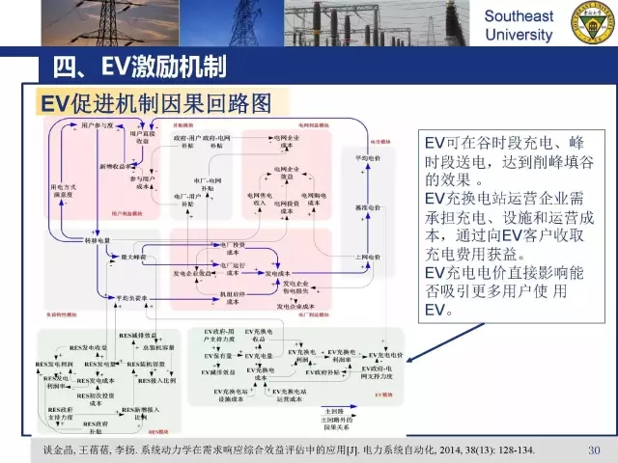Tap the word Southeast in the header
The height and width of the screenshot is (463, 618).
pos(519,16)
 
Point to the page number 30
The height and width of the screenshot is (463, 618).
pos(595,449)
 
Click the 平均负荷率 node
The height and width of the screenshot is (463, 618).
pos(126,298)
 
